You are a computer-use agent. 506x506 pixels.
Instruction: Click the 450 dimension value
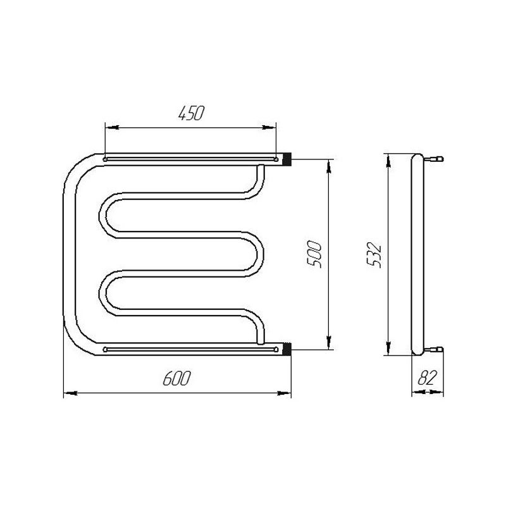tap(192, 113)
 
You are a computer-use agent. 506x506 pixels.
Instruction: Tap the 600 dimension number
tap(177, 378)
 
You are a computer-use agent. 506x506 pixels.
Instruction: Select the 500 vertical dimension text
tap(314, 254)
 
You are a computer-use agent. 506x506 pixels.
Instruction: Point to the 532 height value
tap(374, 255)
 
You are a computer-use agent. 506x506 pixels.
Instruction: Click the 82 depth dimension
tap(428, 378)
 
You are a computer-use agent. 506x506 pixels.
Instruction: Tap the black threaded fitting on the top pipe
tap(287, 159)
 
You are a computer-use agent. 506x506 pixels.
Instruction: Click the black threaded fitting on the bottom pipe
tap(287, 349)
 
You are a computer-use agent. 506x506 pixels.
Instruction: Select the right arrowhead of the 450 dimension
tap(269, 128)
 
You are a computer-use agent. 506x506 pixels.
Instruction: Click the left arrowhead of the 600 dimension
tap(71, 393)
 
